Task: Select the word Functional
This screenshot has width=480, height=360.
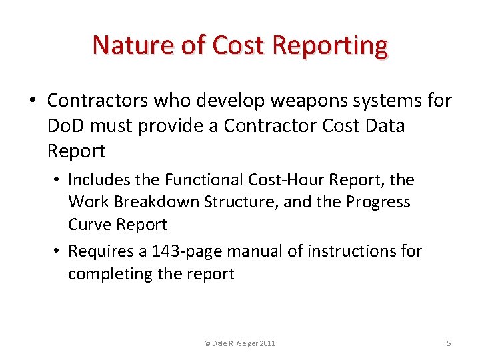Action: click(x=205, y=180)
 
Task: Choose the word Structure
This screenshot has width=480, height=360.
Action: click(x=243, y=202)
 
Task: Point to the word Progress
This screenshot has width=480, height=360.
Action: click(x=380, y=202)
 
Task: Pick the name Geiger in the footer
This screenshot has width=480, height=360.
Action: click(x=245, y=343)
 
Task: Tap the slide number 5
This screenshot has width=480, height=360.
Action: click(x=449, y=343)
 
